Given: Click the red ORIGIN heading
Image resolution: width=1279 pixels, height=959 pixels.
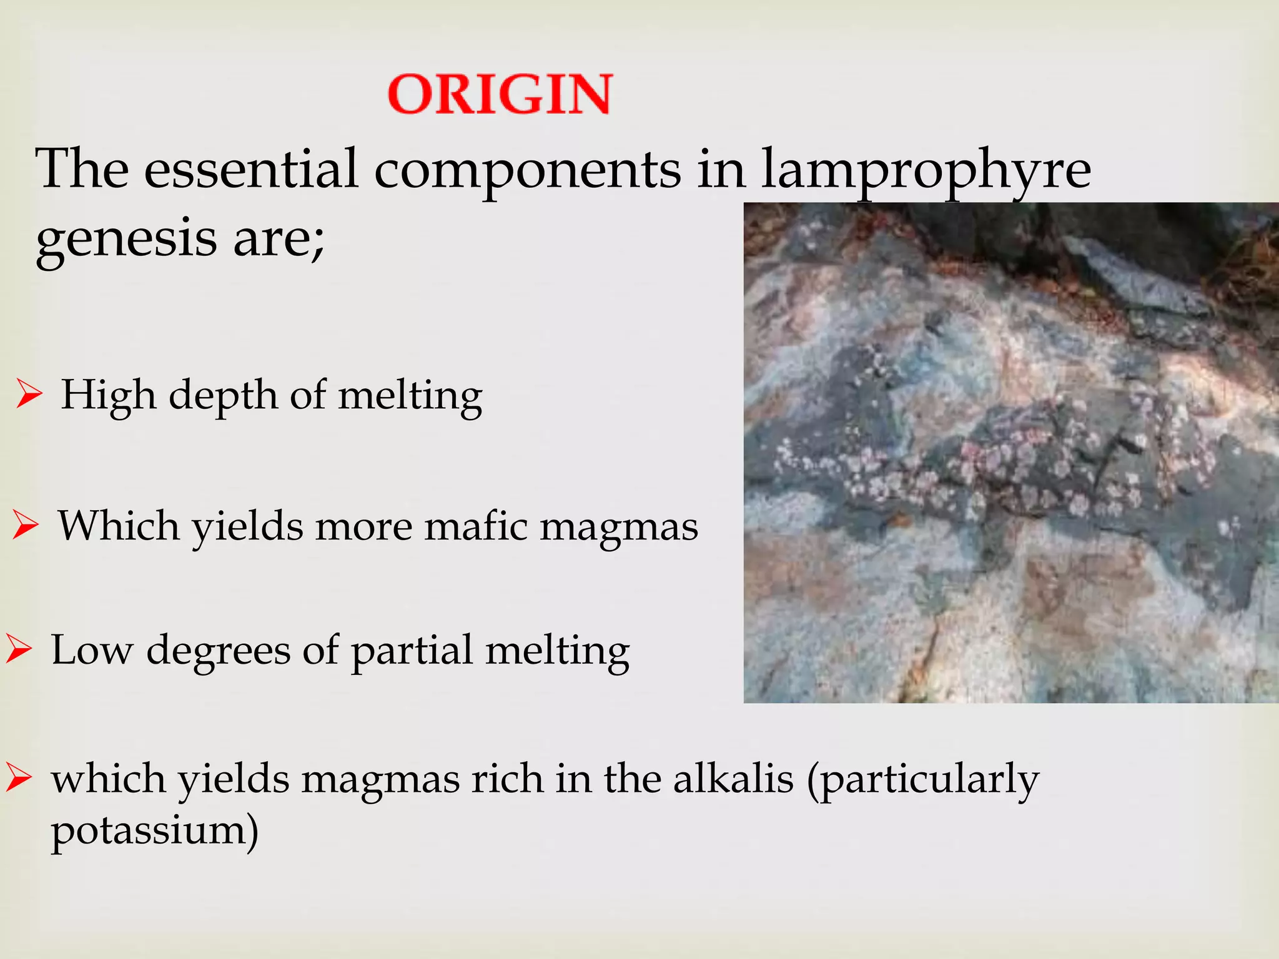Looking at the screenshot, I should [x=500, y=94].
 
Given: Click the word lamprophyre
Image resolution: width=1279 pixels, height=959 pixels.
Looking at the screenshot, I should [x=926, y=170].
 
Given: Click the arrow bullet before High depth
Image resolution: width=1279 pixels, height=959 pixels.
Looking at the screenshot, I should [x=29, y=395].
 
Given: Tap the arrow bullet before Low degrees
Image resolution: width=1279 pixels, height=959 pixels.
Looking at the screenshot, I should [x=19, y=650].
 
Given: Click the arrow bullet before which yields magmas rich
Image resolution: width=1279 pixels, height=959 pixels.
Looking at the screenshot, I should [x=19, y=779].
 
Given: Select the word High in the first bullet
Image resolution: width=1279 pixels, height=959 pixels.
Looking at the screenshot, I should [x=108, y=395].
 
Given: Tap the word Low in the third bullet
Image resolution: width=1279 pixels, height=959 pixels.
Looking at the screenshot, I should [x=92, y=650].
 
